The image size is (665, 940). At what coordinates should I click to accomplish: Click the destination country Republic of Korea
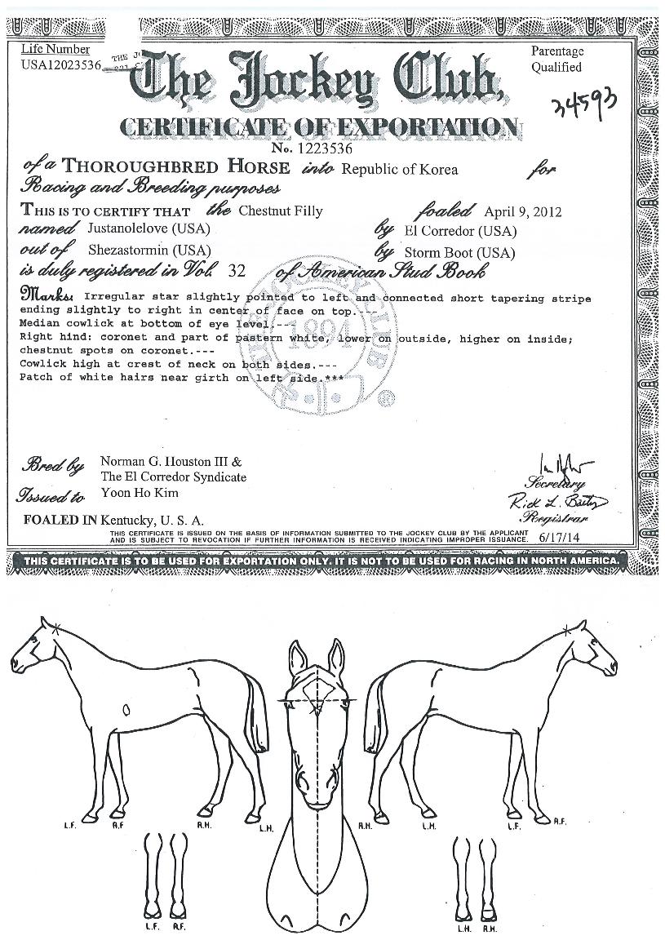click(400, 170)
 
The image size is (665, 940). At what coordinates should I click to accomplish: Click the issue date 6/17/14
click(557, 539)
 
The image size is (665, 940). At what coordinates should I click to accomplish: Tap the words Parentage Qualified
click(558, 60)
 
